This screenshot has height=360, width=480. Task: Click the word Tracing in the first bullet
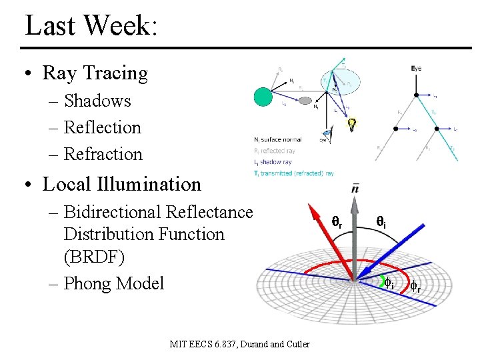[x=118, y=73]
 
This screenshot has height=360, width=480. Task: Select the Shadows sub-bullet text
[x=97, y=101]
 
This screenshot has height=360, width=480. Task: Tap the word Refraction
[x=103, y=154]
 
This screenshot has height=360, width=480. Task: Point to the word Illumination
[x=145, y=183]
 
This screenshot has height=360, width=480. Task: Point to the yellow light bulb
[x=351, y=123]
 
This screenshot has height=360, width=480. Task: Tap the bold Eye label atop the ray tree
[x=416, y=69]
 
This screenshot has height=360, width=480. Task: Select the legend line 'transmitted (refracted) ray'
[x=294, y=173]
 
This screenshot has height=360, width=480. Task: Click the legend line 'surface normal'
[x=278, y=140]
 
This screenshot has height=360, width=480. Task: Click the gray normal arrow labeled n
[x=355, y=227]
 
